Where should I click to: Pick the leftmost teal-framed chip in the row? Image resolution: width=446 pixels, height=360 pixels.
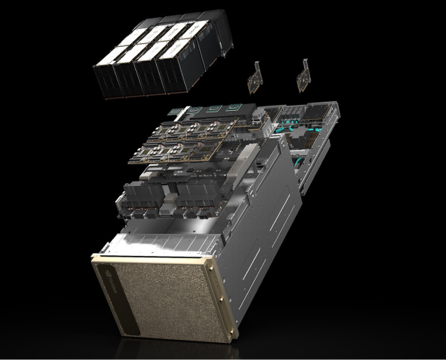(194, 111)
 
